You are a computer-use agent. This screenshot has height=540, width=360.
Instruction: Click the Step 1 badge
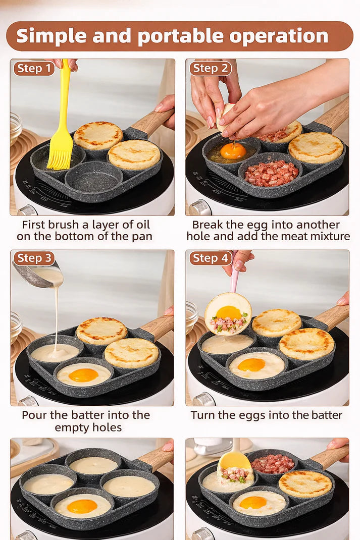(x=34, y=69)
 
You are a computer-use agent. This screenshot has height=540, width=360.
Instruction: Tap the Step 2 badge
(x=210, y=69)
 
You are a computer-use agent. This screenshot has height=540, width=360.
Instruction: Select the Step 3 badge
(x=34, y=258)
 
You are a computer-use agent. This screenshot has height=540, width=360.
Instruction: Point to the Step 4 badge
(x=210, y=258)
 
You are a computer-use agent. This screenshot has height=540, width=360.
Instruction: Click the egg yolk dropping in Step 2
(x=233, y=150)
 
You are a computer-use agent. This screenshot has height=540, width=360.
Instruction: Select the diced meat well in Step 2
(x=271, y=173)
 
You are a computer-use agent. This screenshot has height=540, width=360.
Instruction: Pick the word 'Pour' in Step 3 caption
(x=34, y=415)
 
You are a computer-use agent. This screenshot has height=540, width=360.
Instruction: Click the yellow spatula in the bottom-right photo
(x=235, y=460)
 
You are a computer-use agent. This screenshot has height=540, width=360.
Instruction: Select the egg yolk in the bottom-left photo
(x=82, y=506)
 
